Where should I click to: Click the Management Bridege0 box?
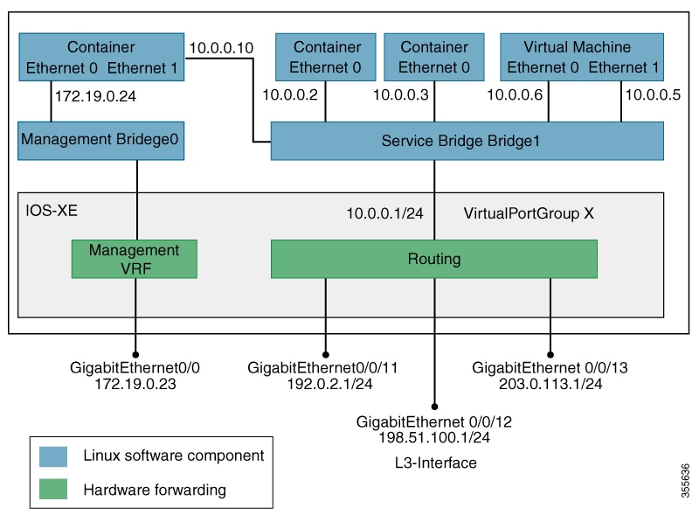coord(101,140)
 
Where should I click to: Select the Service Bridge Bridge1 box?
coord(467,141)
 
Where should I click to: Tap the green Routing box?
coord(433,259)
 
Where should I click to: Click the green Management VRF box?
coord(134,259)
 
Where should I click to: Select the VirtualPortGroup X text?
coord(529,212)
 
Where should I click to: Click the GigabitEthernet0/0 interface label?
coord(135,368)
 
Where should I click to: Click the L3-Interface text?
coord(434,463)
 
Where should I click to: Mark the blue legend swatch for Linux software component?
coord(53,456)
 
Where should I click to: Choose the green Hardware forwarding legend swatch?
coord(53,490)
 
